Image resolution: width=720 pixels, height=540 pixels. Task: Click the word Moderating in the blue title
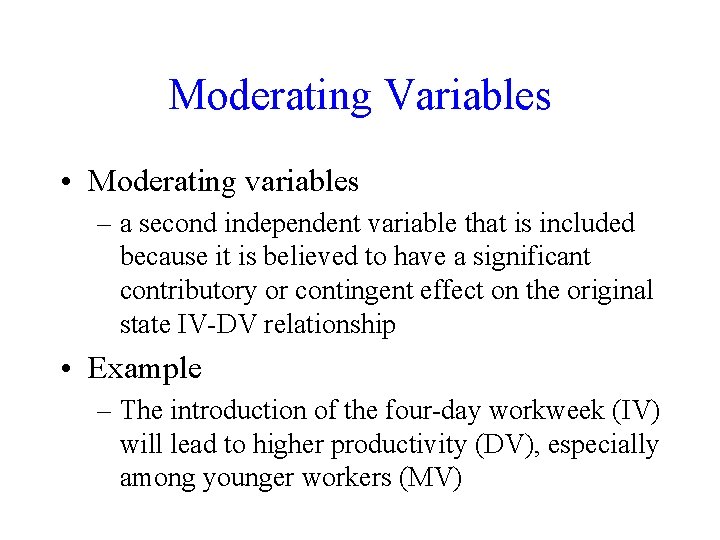pyautogui.click(x=269, y=96)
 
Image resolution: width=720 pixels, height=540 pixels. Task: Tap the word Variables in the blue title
pyautogui.click(x=466, y=96)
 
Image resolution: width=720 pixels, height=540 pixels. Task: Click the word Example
pyautogui.click(x=145, y=369)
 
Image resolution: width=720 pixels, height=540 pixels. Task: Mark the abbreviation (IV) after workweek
pyautogui.click(x=639, y=411)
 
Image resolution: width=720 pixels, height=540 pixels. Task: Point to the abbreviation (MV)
pyautogui.click(x=430, y=479)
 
